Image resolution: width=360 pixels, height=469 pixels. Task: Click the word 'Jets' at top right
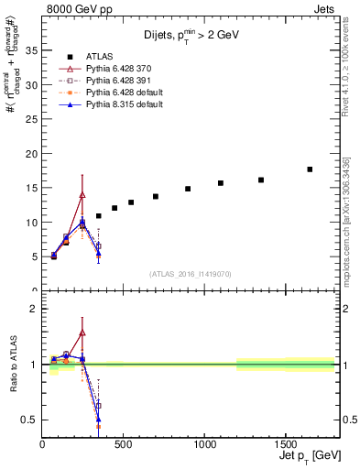point(324,7)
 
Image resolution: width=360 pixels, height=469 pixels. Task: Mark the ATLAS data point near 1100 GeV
point(221,183)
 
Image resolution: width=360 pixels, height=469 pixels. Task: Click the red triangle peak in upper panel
point(82,194)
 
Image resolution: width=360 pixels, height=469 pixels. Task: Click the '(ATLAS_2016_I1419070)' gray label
point(190,273)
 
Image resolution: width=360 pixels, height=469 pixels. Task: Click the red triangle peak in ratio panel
point(82,333)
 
